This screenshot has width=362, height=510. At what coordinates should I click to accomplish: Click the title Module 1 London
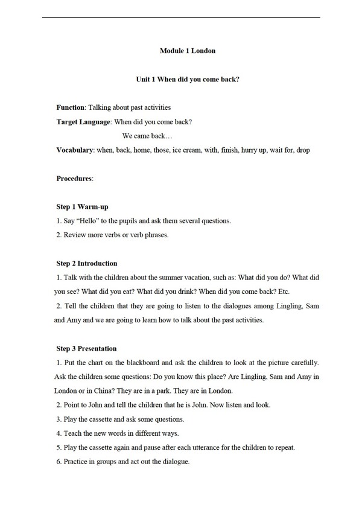coord(187,51)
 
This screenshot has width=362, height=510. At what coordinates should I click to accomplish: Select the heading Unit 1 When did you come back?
coord(188,79)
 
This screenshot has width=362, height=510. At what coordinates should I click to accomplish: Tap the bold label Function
coord(71,107)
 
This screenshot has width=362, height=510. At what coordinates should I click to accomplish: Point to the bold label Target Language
coord(83,122)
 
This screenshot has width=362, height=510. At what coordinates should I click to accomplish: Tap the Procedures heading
coord(75,179)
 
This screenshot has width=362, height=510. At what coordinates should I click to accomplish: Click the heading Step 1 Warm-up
coord(82,207)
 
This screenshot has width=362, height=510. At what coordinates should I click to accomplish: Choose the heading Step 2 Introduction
coord(87,263)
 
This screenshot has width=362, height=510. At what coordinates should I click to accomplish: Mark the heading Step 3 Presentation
coord(86,348)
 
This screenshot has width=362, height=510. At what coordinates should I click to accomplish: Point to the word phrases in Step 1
coord(157,235)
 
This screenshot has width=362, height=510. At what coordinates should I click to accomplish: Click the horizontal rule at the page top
coord(181,18)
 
